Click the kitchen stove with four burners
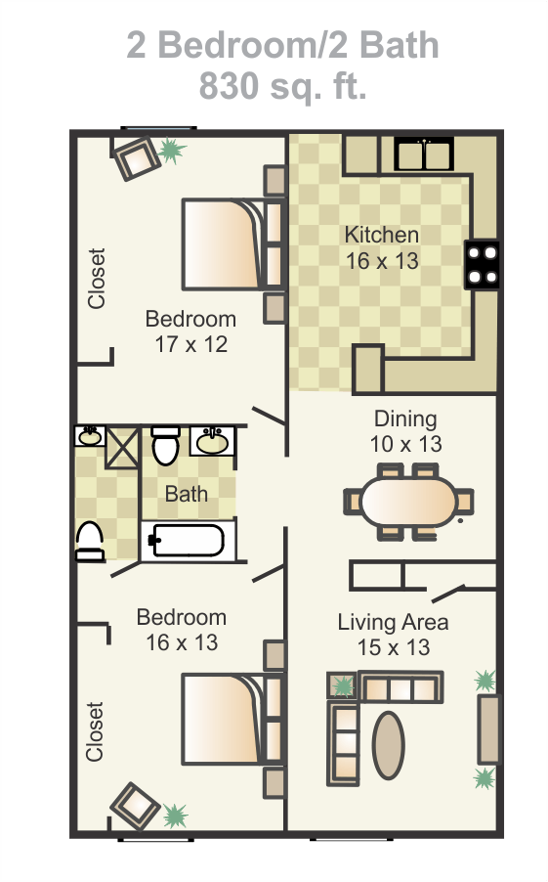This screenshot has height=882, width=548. coord(482,265)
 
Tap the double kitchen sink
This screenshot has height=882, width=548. coord(424,154)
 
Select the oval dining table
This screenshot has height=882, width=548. coord(408,502)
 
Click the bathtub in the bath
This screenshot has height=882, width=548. coord(188,541)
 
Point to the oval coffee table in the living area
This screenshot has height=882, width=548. coord(388,745)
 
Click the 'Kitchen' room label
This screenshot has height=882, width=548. coord(382,235)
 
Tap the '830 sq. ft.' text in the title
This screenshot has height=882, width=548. coord(283,85)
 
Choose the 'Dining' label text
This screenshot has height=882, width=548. coord(405,419)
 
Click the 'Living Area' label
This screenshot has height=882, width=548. coord(393,622)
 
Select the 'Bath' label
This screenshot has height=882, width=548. coord(186,494)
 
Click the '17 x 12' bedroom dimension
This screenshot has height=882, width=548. coord(191,344)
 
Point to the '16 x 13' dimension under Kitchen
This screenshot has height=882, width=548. coord(382,261)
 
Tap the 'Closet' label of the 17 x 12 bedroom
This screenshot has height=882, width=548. coord(97,279)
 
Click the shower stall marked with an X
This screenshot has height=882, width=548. coord(122,447)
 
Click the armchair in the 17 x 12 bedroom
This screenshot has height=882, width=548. coord(137,158)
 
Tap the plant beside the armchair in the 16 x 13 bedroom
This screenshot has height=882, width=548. coord(175,816)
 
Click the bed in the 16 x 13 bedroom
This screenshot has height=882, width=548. coord(232,720)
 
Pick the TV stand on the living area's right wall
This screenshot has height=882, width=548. coord(488,729)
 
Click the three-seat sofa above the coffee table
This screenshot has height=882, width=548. coord(400,687)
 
